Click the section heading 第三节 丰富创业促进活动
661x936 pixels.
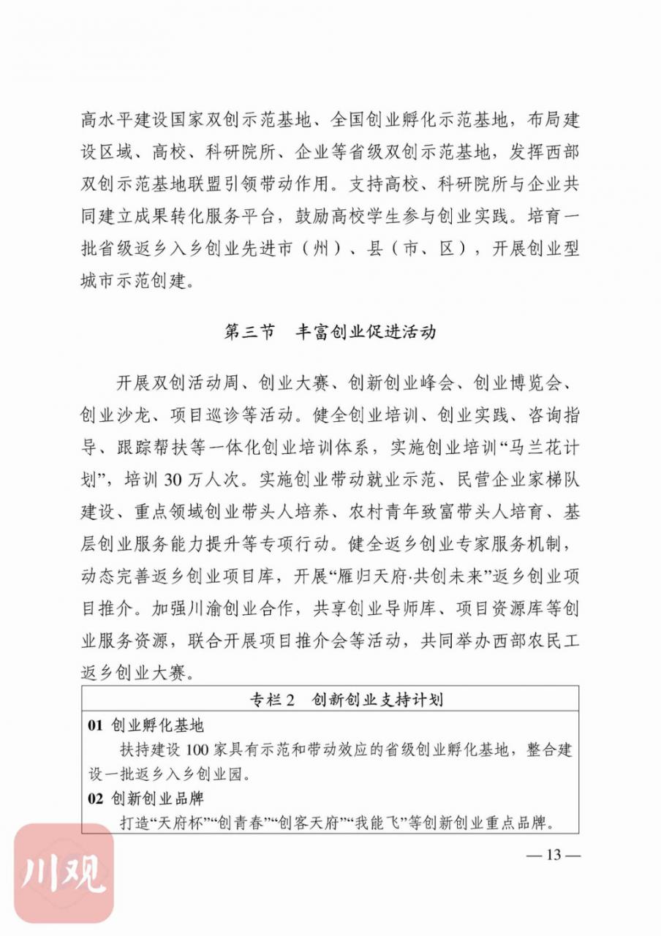tap(330, 331)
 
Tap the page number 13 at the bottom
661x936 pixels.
tap(553, 855)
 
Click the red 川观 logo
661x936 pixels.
tap(65, 873)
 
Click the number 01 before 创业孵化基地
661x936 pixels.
tap(96, 725)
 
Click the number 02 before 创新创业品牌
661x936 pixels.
tap(96, 799)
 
